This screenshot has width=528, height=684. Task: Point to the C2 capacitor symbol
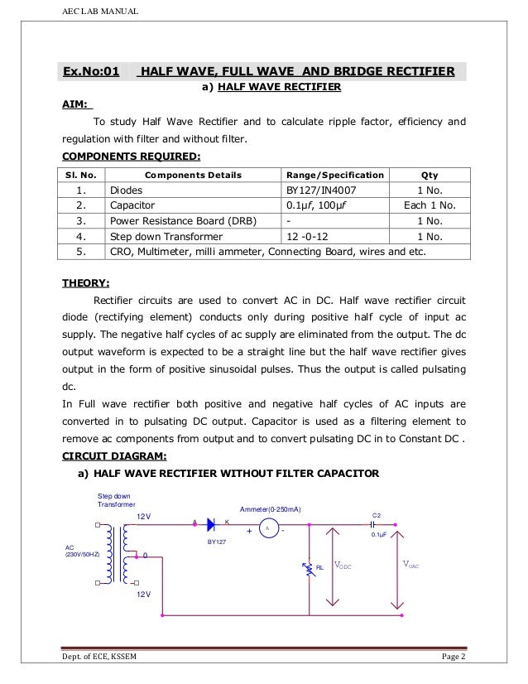coord(375,523)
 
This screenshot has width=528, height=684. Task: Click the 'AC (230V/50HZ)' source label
coord(80,551)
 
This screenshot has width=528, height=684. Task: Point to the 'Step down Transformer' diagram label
coord(115,500)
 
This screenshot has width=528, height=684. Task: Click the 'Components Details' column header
coord(193,176)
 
